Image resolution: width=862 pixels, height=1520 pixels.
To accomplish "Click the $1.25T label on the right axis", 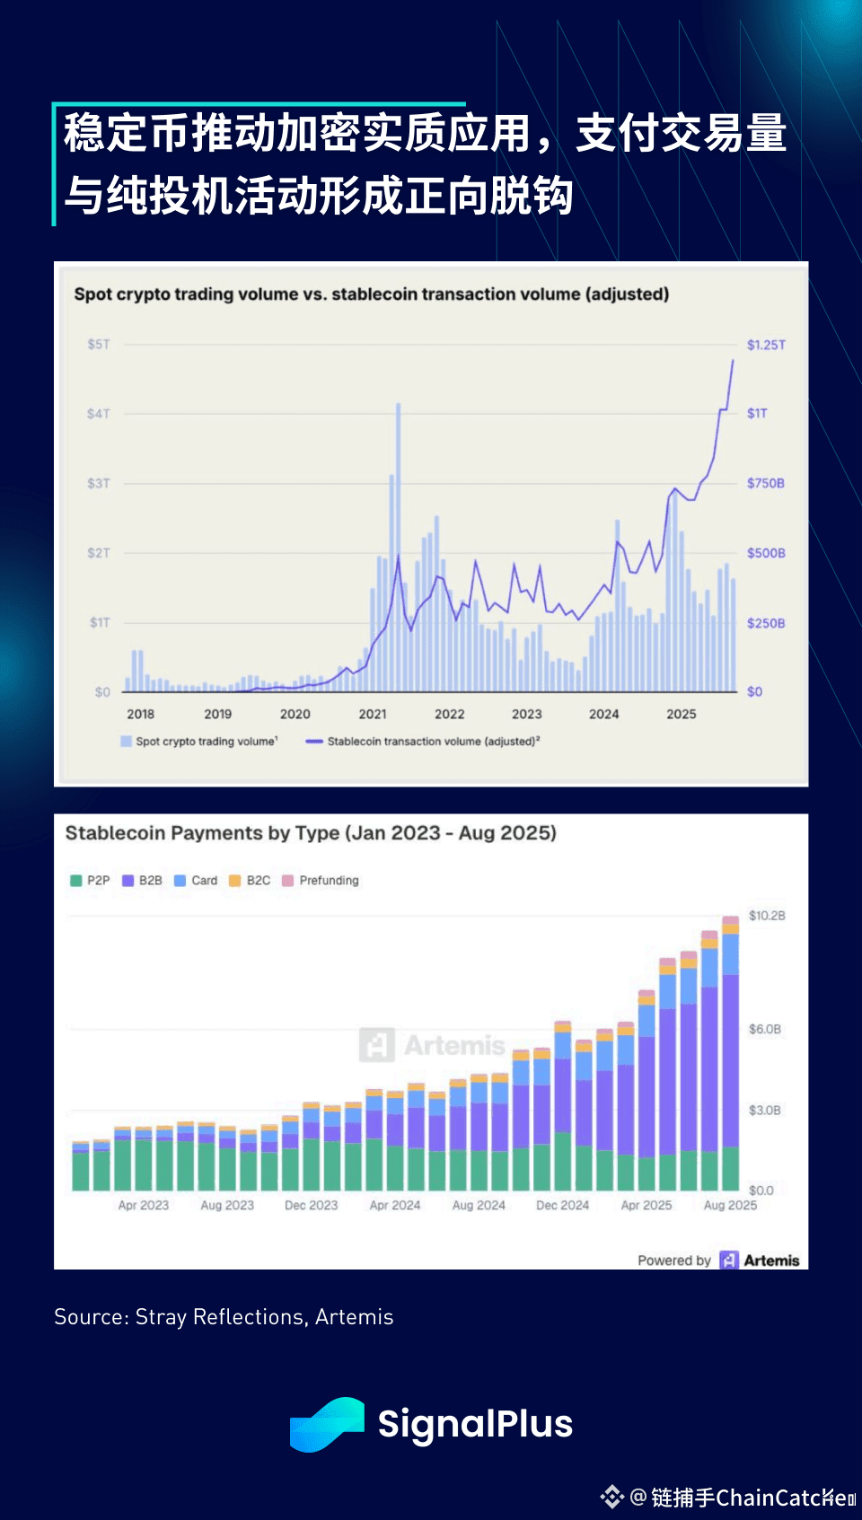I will point(766,345).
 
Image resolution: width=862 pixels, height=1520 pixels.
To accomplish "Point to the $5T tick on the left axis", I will point(98,345).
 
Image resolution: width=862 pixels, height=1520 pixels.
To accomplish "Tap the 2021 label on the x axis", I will point(373,715).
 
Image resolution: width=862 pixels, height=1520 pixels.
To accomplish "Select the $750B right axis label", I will point(766,483).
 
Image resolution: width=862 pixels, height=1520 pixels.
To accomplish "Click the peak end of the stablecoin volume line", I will point(733,361).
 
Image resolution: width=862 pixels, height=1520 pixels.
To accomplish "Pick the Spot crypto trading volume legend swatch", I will point(127,742).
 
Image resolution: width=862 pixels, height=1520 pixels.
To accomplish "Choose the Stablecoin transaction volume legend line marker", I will point(314,742).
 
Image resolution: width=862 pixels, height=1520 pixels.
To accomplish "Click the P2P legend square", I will point(76,881).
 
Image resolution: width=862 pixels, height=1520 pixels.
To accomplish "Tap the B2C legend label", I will point(259,881).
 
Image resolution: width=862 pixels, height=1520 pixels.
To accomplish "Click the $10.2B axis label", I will point(767,916).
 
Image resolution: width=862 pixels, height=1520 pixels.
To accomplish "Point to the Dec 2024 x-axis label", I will point(563,1205).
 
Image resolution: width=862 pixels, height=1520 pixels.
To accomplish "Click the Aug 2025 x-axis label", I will point(730,1205).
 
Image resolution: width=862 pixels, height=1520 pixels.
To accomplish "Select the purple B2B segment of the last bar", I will point(731,1059).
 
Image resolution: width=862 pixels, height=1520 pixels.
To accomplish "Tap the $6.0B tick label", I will point(765,1029).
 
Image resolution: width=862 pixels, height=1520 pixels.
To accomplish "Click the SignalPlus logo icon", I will point(327,1424).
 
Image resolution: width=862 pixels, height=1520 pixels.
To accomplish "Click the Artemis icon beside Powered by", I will point(729,1261).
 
